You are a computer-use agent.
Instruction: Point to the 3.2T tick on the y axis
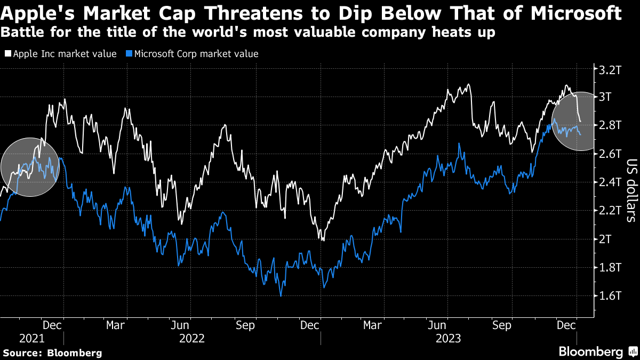(610, 69)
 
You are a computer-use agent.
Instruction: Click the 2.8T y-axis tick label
(610, 125)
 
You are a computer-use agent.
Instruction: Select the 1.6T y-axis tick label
(610, 295)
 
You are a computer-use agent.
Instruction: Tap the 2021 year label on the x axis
(31, 338)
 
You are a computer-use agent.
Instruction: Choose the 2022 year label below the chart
(191, 338)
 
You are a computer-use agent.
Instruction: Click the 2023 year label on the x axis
(448, 338)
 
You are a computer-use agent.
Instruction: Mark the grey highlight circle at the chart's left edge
(30, 167)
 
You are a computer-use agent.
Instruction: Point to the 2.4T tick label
(610, 182)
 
